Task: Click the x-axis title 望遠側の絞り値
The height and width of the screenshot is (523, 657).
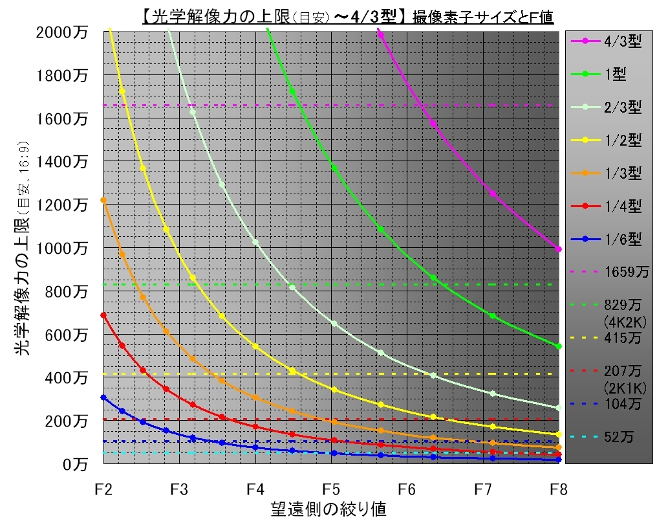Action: tap(329, 509)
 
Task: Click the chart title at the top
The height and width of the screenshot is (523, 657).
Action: tap(347, 15)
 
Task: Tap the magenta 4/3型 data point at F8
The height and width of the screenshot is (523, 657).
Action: tap(559, 249)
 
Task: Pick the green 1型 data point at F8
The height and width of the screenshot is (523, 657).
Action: tap(559, 346)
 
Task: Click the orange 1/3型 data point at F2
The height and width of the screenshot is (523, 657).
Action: tap(103, 200)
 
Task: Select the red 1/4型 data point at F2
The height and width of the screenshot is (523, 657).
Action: tap(103, 315)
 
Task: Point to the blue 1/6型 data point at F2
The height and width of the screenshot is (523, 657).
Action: tap(103, 397)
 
